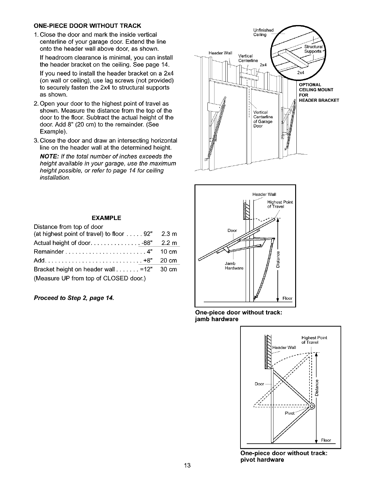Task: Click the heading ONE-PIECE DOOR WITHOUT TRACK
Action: [87, 25]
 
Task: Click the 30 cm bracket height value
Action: [169, 269]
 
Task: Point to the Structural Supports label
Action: [312, 49]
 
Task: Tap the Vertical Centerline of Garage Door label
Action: [263, 119]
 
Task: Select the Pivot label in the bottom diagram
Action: [289, 413]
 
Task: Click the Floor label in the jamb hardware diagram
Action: [287, 299]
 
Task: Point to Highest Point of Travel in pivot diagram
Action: [314, 340]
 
